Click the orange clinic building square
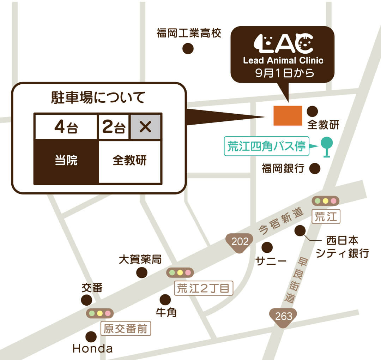(288, 115)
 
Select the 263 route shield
(284, 316)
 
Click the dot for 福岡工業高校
(188, 49)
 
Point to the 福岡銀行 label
(283, 169)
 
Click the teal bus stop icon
(327, 146)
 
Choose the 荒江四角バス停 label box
(266, 146)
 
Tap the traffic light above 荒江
(325, 201)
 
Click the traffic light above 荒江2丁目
(180, 272)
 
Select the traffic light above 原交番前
(100, 313)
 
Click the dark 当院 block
(66, 161)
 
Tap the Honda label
(93, 349)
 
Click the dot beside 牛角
(165, 300)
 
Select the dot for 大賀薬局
(142, 272)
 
